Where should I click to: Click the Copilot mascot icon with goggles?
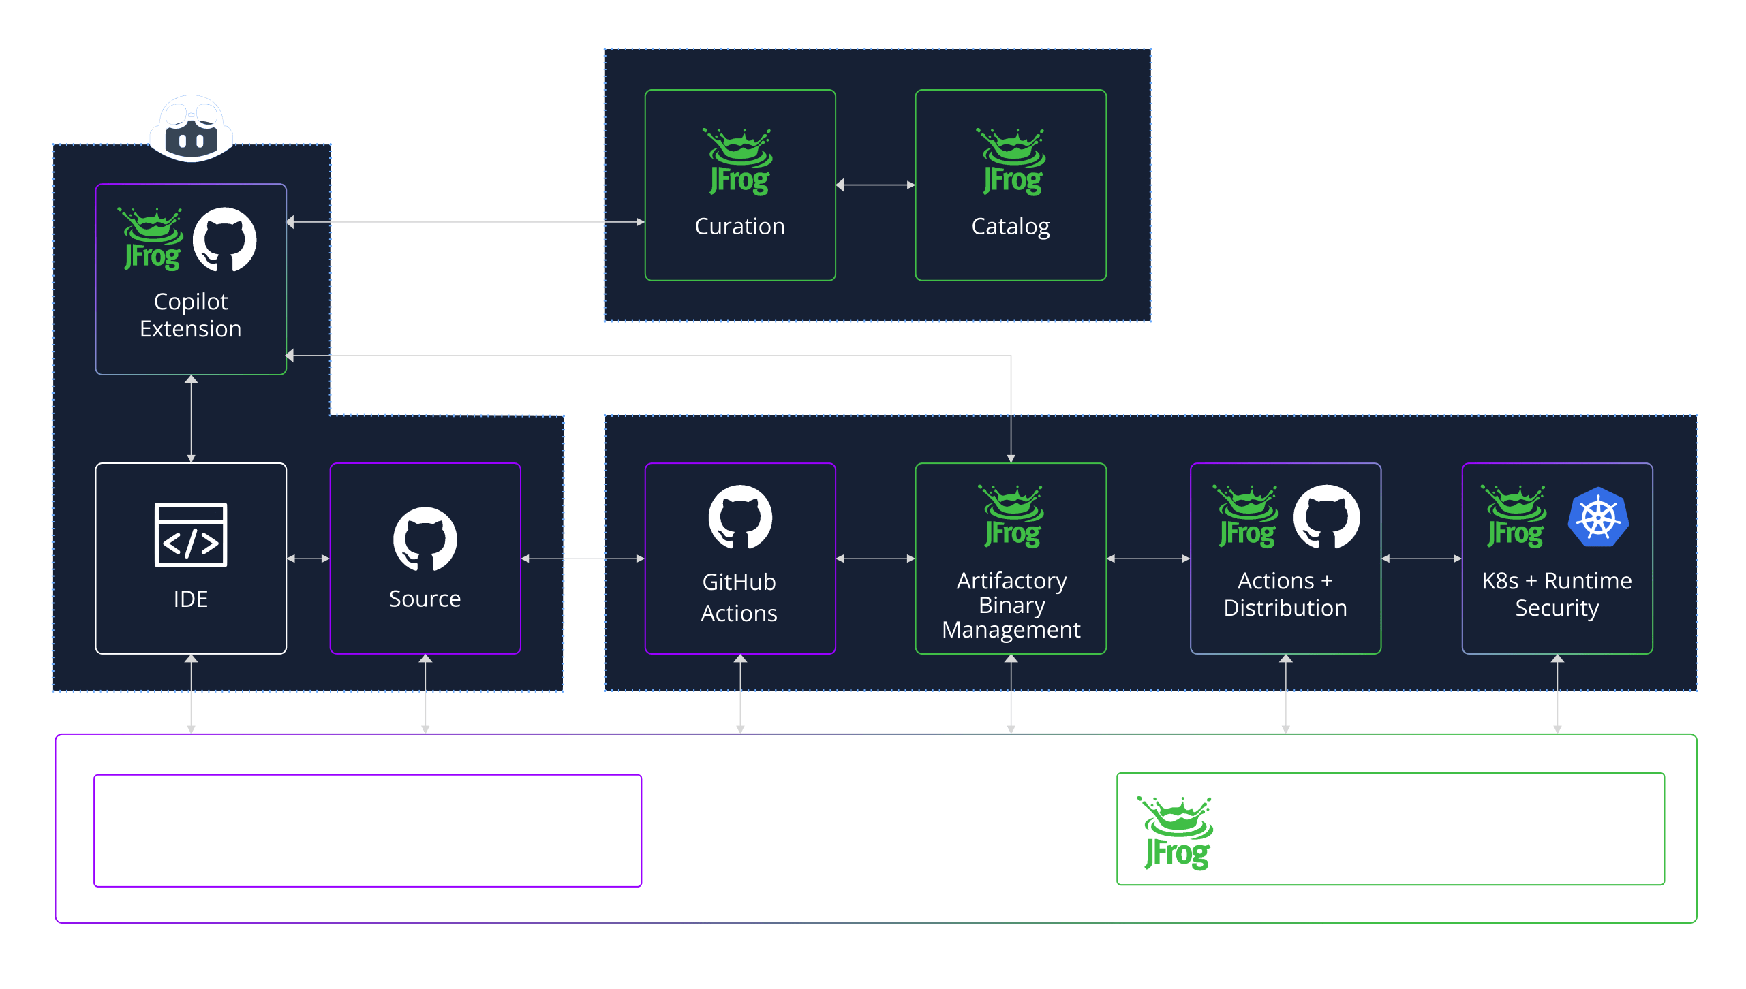(x=192, y=129)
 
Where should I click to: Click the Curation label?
(x=739, y=226)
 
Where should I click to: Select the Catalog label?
(x=1010, y=227)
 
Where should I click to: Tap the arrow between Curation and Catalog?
(x=875, y=185)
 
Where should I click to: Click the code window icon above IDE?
(x=191, y=535)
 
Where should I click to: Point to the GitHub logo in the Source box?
(x=425, y=539)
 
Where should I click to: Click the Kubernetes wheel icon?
(x=1598, y=517)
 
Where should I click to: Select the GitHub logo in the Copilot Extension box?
(x=224, y=240)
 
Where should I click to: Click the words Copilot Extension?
(x=191, y=315)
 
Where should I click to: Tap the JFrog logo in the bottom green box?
(x=1176, y=832)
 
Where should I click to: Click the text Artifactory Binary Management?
(x=1011, y=606)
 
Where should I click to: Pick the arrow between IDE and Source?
(x=308, y=559)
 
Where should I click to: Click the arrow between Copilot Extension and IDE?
(x=192, y=419)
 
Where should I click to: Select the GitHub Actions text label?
(x=739, y=597)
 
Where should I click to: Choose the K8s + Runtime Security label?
(x=1557, y=595)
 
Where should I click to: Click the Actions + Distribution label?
(x=1285, y=594)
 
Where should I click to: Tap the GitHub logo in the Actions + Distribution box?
(x=1326, y=516)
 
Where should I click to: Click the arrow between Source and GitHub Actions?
(x=583, y=559)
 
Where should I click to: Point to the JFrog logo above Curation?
(x=739, y=162)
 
